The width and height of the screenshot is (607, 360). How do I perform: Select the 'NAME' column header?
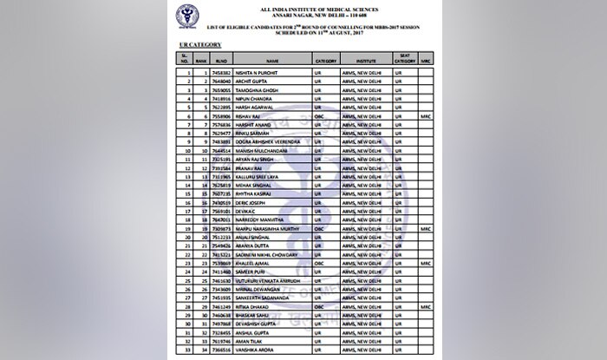[272, 62]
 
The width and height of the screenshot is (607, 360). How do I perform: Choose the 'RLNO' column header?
[223, 62]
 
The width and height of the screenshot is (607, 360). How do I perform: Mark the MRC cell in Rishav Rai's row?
[425, 115]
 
